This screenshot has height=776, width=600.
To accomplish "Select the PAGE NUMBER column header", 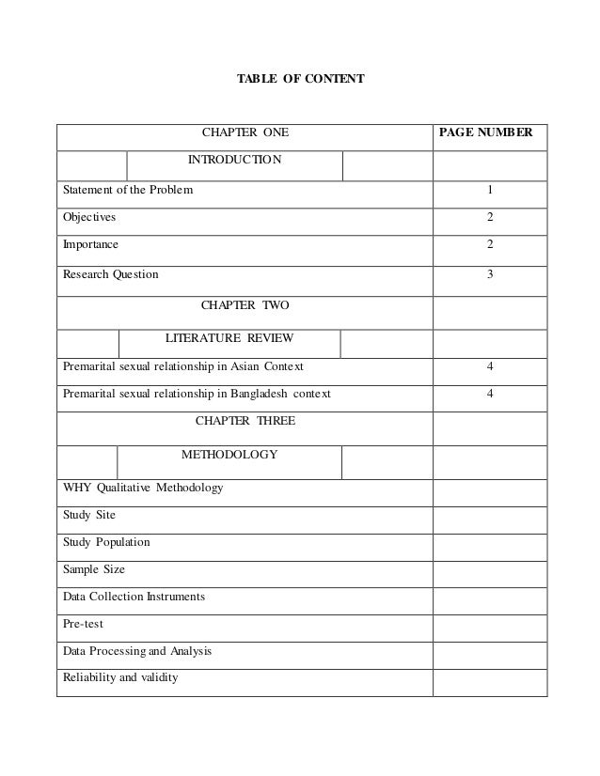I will click(x=487, y=133).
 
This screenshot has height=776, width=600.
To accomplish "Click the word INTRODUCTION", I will click(x=234, y=160).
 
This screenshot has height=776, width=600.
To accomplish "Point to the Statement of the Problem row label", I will click(x=129, y=190).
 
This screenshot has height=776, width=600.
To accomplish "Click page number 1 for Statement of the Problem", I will click(x=489, y=190).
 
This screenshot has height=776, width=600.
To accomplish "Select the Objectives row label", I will click(x=89, y=217).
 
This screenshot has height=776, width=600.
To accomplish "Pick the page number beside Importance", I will click(x=489, y=245).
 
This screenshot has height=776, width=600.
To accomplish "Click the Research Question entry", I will click(x=111, y=274).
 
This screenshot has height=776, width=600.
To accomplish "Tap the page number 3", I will click(x=489, y=274).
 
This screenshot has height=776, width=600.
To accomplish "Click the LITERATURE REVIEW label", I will click(x=229, y=336).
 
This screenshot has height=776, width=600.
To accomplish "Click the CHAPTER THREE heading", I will click(x=245, y=421).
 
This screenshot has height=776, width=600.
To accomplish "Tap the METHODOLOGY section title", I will click(x=229, y=455).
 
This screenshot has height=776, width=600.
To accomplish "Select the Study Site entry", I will click(x=89, y=515).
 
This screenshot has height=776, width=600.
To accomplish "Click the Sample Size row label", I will click(x=93, y=569).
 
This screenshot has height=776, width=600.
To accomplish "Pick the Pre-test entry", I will click(x=84, y=623).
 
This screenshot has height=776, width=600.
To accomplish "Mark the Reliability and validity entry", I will click(x=119, y=676).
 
